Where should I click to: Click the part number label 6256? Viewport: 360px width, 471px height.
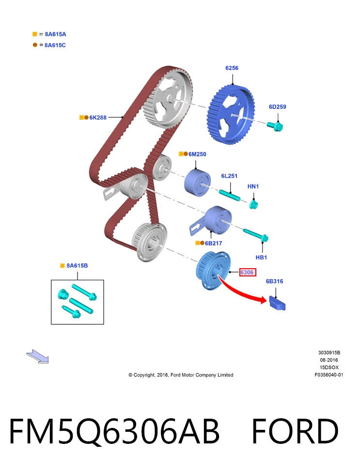[232, 68]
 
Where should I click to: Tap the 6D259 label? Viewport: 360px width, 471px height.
[277, 107]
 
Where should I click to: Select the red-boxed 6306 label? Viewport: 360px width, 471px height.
[248, 273]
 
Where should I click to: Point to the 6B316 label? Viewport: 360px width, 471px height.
[274, 281]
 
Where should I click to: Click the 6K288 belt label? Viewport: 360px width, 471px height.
[98, 118]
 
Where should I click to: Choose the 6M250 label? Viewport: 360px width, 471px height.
[197, 154]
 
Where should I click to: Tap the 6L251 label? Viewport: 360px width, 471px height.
[229, 176]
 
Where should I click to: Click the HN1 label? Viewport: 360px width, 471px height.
[253, 186]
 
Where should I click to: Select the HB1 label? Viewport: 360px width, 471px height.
[261, 258]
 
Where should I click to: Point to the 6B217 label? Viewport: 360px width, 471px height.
[214, 243]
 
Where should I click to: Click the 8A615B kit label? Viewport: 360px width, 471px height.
[77, 266]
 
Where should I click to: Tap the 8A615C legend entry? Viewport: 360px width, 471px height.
[55, 46]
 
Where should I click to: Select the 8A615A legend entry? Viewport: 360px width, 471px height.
[55, 34]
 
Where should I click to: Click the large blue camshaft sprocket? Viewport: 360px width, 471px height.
[231, 115]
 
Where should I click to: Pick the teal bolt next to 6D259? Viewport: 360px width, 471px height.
[275, 126]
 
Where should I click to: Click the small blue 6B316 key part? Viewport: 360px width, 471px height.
[277, 303]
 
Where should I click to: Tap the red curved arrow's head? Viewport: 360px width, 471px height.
[263, 300]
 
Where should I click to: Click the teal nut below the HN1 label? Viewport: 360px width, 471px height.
[253, 205]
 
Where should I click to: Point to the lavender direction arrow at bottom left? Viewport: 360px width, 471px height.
[38, 357]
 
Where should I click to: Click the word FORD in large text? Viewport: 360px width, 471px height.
[295, 431]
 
